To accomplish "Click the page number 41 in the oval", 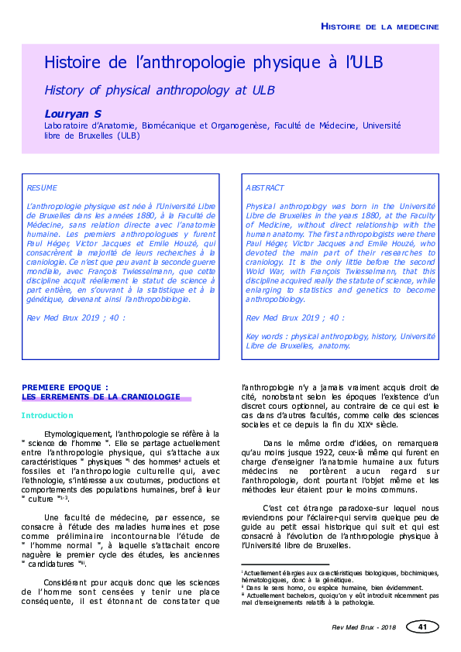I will pos(421,626).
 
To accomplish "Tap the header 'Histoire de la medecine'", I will pos(380,26).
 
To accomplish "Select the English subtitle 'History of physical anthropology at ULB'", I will pos(154,90).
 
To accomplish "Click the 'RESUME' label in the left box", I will pos(41,187).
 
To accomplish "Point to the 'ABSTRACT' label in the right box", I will pos(265,187).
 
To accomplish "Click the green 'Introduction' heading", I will pos(47,416).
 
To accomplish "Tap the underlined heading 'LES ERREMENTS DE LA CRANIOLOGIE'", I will pos(101,396).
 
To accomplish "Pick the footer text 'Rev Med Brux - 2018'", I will pos(362,627).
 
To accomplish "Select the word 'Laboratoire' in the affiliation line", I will pos(67,125).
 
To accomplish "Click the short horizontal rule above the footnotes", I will pos(286,565).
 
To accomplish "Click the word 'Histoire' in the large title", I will pos(74,63).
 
